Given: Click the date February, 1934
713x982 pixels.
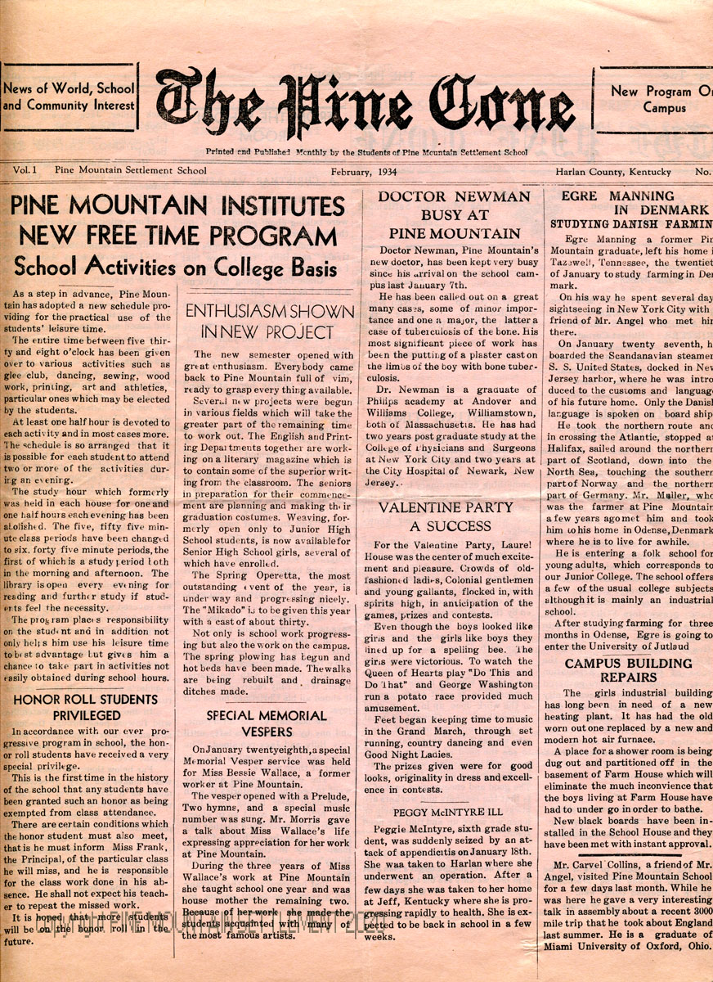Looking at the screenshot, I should click(364, 172).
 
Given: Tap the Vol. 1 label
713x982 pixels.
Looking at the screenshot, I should click(25, 171).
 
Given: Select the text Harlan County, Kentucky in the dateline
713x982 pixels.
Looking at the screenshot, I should click(613, 172).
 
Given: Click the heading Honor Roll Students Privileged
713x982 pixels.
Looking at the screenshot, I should click(86, 708).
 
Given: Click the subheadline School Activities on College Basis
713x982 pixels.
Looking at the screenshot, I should click(174, 267).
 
